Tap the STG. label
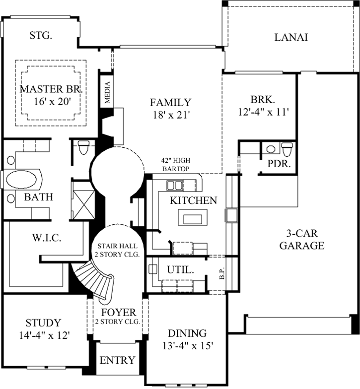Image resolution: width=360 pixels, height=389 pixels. click(x=41, y=35)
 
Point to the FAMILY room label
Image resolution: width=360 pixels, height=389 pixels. click(x=170, y=103)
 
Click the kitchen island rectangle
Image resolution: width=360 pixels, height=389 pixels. click(x=191, y=217)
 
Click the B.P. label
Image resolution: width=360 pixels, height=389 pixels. click(x=221, y=274)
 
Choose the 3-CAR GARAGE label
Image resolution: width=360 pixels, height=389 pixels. click(x=301, y=239)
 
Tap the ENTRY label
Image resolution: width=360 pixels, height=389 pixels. click(x=117, y=360)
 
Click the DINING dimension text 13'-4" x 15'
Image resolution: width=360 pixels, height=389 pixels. click(x=187, y=346)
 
